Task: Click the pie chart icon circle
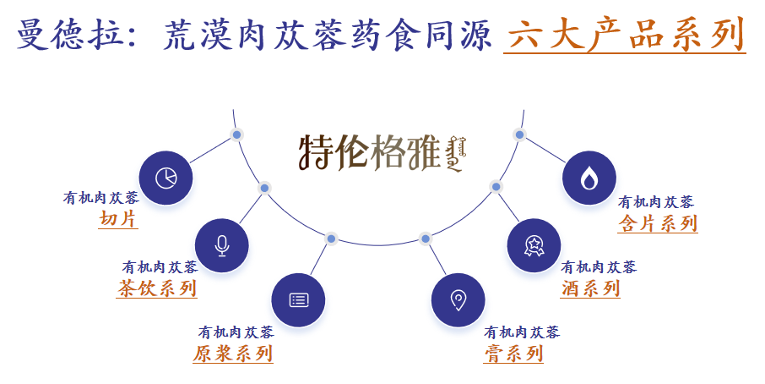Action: click(165, 178)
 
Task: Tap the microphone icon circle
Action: click(222, 245)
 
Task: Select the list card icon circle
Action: click(298, 299)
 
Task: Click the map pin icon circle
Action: click(458, 299)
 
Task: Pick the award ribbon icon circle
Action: click(534, 245)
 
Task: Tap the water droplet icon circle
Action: click(589, 178)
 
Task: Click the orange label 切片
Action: click(118, 219)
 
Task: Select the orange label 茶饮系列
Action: click(157, 288)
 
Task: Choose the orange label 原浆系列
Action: click(233, 353)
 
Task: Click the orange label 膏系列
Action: click(513, 353)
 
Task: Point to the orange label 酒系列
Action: click(590, 288)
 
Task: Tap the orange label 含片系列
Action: click(658, 222)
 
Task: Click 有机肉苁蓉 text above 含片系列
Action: click(656, 202)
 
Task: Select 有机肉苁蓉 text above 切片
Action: click(101, 198)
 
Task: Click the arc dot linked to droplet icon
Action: click(519, 134)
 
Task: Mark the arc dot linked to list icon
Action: click(331, 239)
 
